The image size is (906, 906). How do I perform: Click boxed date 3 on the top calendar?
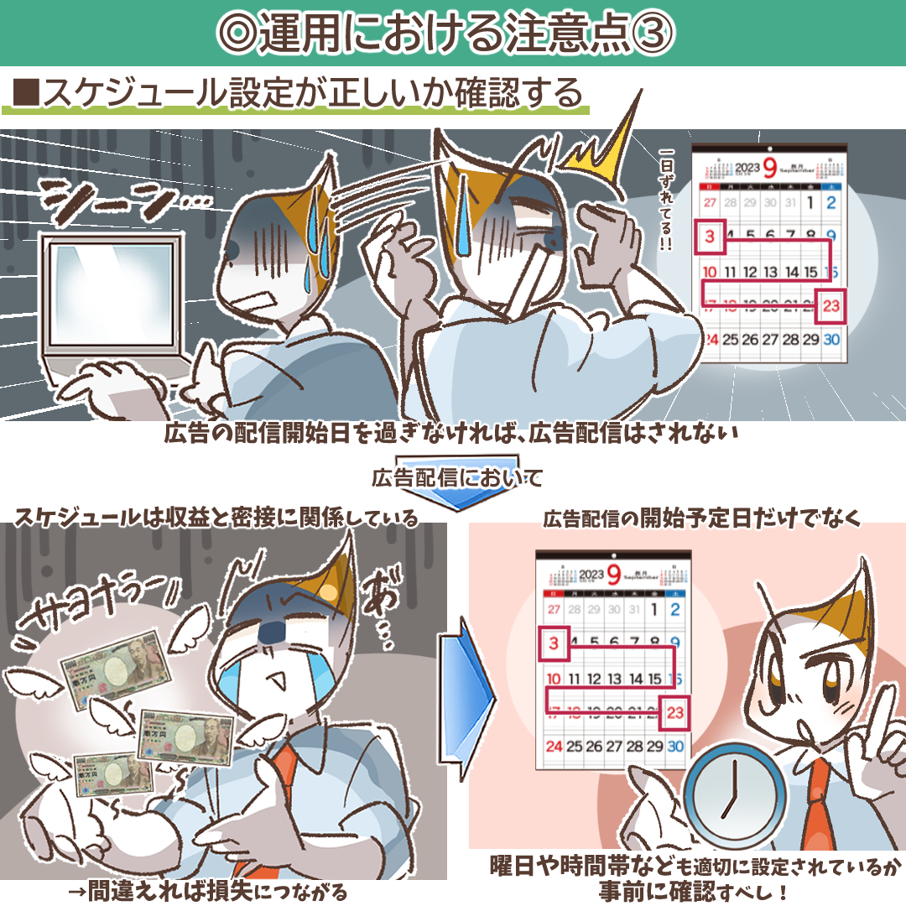711,237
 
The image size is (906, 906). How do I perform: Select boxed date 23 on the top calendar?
831,306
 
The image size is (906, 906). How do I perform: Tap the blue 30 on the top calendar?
831,340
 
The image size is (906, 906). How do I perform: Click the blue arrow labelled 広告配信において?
457,482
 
